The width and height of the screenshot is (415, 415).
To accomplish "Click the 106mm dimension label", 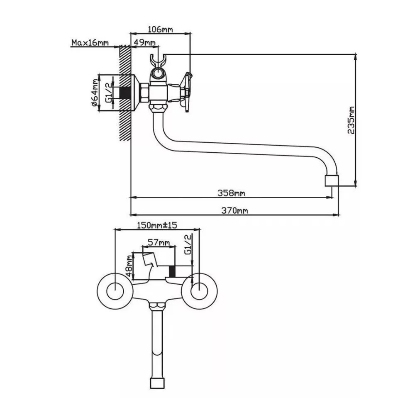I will tap(160, 29).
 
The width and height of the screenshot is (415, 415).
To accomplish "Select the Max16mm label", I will tap(90, 43).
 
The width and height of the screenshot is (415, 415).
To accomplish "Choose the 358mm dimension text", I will tap(231, 193).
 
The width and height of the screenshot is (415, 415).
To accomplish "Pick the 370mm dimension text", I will tap(234, 210).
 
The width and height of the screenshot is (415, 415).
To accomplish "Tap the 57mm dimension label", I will tap(159, 242).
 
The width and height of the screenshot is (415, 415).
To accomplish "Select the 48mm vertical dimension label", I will tap(129, 266).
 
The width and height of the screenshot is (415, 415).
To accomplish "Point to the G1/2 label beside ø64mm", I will tap(108, 93).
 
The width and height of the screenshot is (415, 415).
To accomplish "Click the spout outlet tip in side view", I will tap(331, 181).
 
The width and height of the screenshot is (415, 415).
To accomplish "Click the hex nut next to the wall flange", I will tap(144, 93).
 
